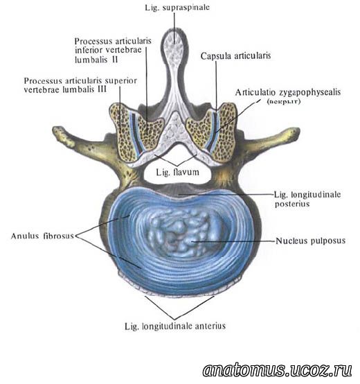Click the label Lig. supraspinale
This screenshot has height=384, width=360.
177,8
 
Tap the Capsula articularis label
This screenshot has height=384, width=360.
236,56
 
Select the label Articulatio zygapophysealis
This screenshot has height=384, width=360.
288,92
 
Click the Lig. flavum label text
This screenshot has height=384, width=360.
177,172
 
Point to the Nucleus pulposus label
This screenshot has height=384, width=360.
311,241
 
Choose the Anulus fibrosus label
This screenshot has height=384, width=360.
42,236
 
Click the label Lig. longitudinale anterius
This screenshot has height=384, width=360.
175,326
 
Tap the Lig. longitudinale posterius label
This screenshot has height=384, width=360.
307,199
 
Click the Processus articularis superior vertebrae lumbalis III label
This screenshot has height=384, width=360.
80,85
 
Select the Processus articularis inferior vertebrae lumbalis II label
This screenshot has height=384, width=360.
113,50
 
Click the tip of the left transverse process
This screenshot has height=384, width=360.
56,132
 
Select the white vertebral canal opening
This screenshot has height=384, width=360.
177,169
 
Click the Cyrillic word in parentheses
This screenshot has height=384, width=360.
283,101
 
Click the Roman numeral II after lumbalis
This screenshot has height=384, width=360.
115,60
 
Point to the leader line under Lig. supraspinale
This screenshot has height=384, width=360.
174,28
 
